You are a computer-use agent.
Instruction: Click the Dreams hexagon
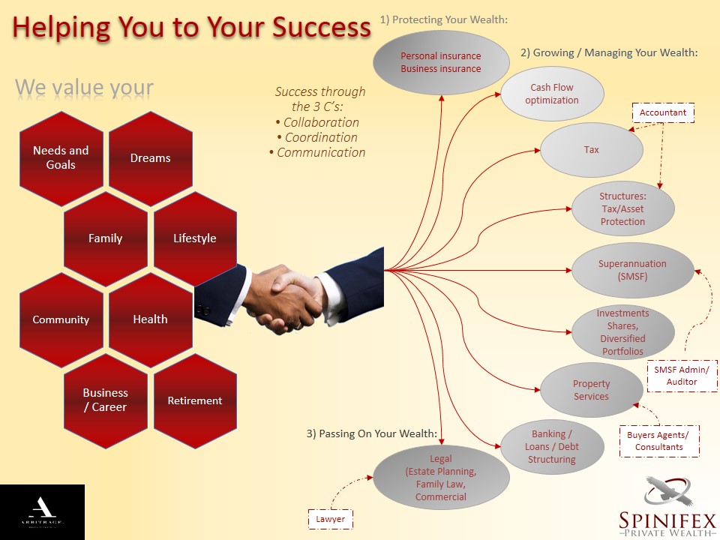(x=150, y=158)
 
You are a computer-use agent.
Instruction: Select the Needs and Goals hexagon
(x=61, y=157)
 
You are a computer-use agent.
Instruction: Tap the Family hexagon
(x=105, y=238)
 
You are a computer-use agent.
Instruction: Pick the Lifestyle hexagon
(x=195, y=238)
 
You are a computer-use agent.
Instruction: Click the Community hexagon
(x=61, y=319)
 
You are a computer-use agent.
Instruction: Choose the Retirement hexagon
(x=195, y=400)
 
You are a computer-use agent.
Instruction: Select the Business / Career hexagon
(x=105, y=400)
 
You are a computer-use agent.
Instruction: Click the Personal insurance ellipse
(x=441, y=62)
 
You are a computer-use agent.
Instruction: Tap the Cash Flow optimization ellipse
(x=552, y=94)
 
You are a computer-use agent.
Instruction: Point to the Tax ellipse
(x=592, y=150)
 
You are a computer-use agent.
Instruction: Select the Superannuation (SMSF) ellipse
(x=632, y=270)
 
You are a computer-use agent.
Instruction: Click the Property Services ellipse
(x=592, y=390)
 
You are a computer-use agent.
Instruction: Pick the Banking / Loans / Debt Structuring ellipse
(x=552, y=447)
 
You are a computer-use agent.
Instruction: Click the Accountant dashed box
(x=663, y=113)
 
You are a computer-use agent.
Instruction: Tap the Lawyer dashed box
(x=331, y=519)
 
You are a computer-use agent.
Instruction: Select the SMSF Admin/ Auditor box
(x=682, y=376)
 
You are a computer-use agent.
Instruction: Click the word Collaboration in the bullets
(x=321, y=122)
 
